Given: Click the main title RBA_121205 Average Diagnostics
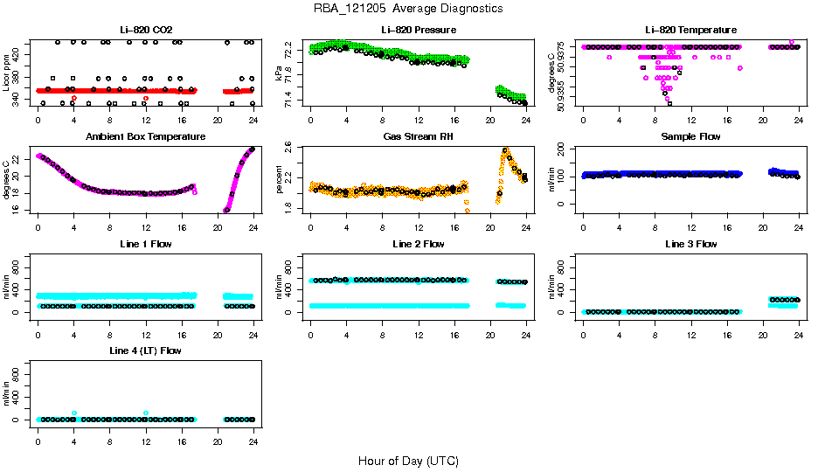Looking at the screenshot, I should (x=408, y=9).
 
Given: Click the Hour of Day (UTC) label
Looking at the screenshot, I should (x=408, y=461).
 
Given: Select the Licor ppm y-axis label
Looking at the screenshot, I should (x=7, y=73).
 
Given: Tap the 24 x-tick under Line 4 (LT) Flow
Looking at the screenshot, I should (x=253, y=434).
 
